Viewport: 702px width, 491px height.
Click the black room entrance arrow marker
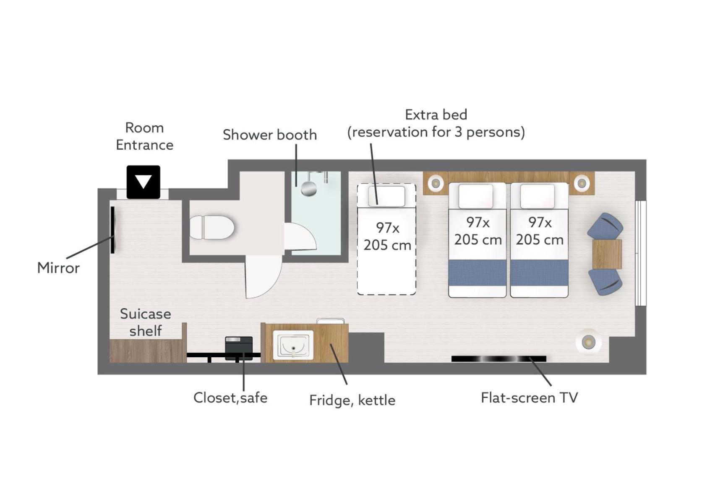click(143, 182)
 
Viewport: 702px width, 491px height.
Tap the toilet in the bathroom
click(212, 227)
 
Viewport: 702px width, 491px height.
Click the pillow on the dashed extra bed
click(386, 196)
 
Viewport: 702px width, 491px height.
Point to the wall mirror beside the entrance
click(112, 229)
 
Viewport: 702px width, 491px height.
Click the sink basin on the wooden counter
click(293, 345)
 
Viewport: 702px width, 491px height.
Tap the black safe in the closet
click(239, 348)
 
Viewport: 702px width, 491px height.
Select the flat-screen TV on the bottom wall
click(498, 359)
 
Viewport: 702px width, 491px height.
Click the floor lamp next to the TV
click(588, 342)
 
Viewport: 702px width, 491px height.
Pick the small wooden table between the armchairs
click(607, 254)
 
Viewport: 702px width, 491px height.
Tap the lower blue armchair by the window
click(605, 282)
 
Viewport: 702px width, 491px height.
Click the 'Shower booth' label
click(270, 135)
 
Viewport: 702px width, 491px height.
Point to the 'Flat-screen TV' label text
click(529, 397)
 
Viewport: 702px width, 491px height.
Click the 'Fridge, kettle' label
click(352, 400)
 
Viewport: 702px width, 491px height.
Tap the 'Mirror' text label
click(58, 268)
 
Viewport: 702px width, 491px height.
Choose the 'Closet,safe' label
click(230, 397)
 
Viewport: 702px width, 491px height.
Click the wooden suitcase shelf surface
click(146, 351)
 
